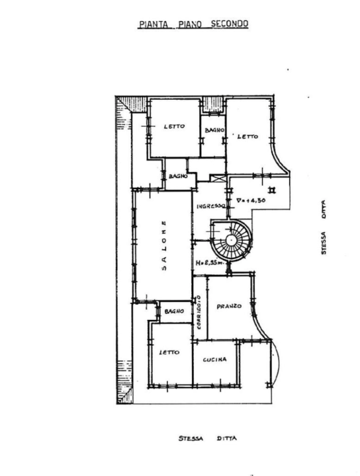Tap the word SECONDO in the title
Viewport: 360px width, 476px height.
pos(229,24)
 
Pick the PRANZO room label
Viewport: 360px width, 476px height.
pos(229,307)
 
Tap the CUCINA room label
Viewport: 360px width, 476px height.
pos(215,360)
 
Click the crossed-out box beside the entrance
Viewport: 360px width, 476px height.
pos(218,177)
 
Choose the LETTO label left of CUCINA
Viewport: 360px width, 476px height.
pos(169,352)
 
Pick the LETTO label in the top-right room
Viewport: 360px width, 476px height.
pos(247,137)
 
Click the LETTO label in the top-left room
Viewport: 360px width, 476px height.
pos(174,126)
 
